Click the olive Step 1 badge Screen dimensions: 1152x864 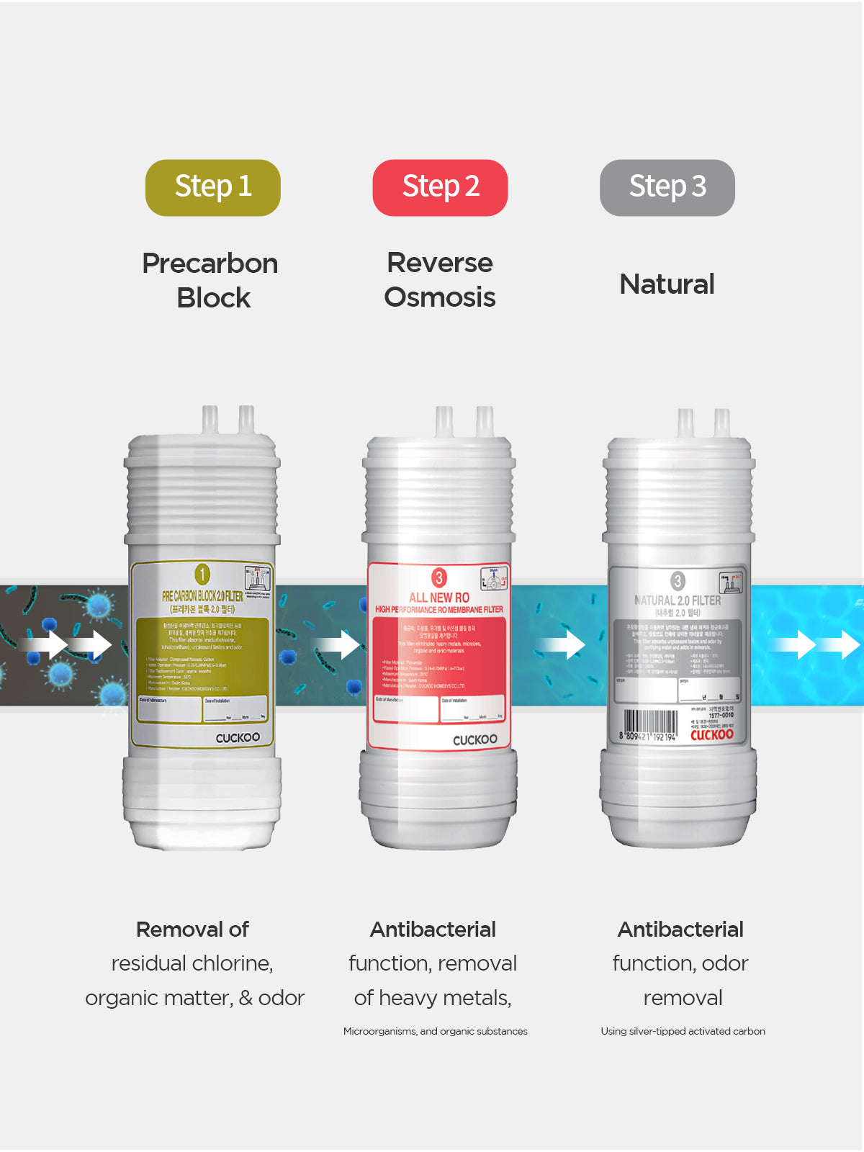[213, 187]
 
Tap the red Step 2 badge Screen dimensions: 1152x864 [440, 187]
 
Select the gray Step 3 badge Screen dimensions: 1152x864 [667, 187]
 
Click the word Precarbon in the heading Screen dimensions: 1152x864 [210, 264]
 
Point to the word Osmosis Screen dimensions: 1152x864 [439, 297]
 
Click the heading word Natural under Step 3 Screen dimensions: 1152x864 [667, 284]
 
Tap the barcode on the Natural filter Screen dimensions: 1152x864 [649, 725]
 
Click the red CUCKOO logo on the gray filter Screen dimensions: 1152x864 [711, 734]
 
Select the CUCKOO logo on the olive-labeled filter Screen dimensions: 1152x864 [238, 737]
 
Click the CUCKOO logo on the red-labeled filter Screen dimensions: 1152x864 [474, 739]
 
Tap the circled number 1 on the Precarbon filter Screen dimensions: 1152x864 [202, 574]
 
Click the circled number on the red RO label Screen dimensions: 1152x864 [438, 577]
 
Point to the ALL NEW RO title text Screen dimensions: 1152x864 [438, 598]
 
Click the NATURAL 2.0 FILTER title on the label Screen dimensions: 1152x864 [677, 600]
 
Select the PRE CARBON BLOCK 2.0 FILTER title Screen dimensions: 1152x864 [202, 596]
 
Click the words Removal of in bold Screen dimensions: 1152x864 [192, 930]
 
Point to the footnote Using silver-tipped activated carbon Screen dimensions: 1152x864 [683, 1031]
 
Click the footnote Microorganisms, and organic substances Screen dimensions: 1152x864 [435, 1031]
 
